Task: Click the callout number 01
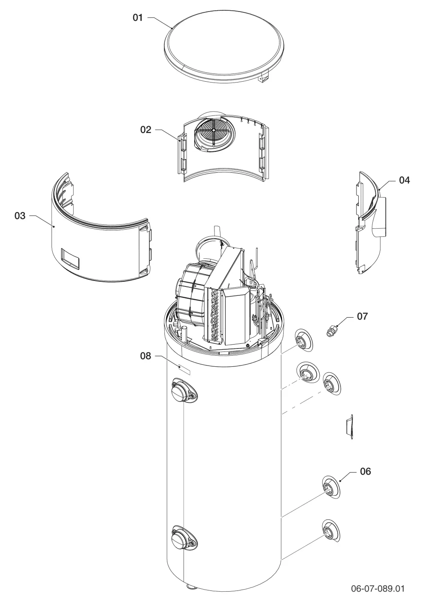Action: [138, 18]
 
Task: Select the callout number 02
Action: [146, 130]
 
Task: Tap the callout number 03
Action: [20, 215]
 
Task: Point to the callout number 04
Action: [404, 180]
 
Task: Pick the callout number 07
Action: [363, 316]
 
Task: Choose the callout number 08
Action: [146, 356]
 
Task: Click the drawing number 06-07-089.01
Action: [377, 587]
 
